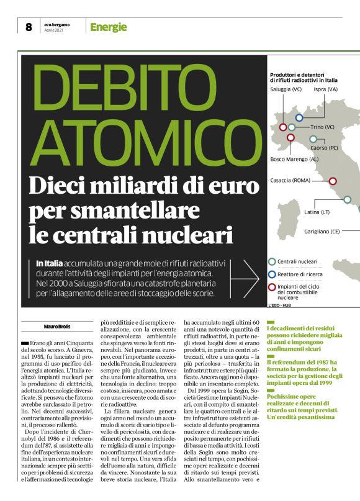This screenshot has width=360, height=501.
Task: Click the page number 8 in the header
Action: tap(29, 27)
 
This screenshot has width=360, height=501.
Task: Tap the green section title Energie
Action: tap(108, 27)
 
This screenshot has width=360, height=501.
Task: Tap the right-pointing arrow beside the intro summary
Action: tap(250, 278)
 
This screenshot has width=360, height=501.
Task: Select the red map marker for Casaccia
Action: tap(332, 181)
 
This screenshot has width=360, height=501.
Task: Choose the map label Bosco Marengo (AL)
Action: tap(294, 159)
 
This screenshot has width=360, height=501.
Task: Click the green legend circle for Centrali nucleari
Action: tap(272, 261)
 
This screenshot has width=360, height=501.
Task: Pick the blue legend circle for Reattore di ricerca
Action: tap(272, 273)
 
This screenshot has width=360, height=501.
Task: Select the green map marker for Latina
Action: tap(347, 200)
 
